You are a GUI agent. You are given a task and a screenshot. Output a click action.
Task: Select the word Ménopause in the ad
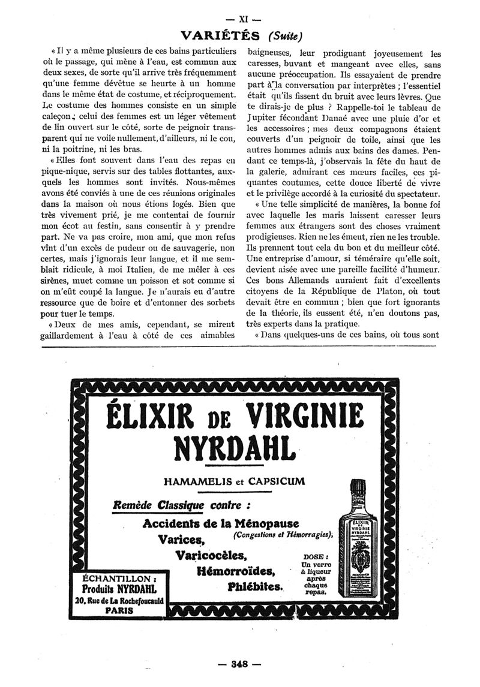[x=262, y=523]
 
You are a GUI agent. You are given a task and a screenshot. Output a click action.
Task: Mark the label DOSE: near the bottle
[x=316, y=556]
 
